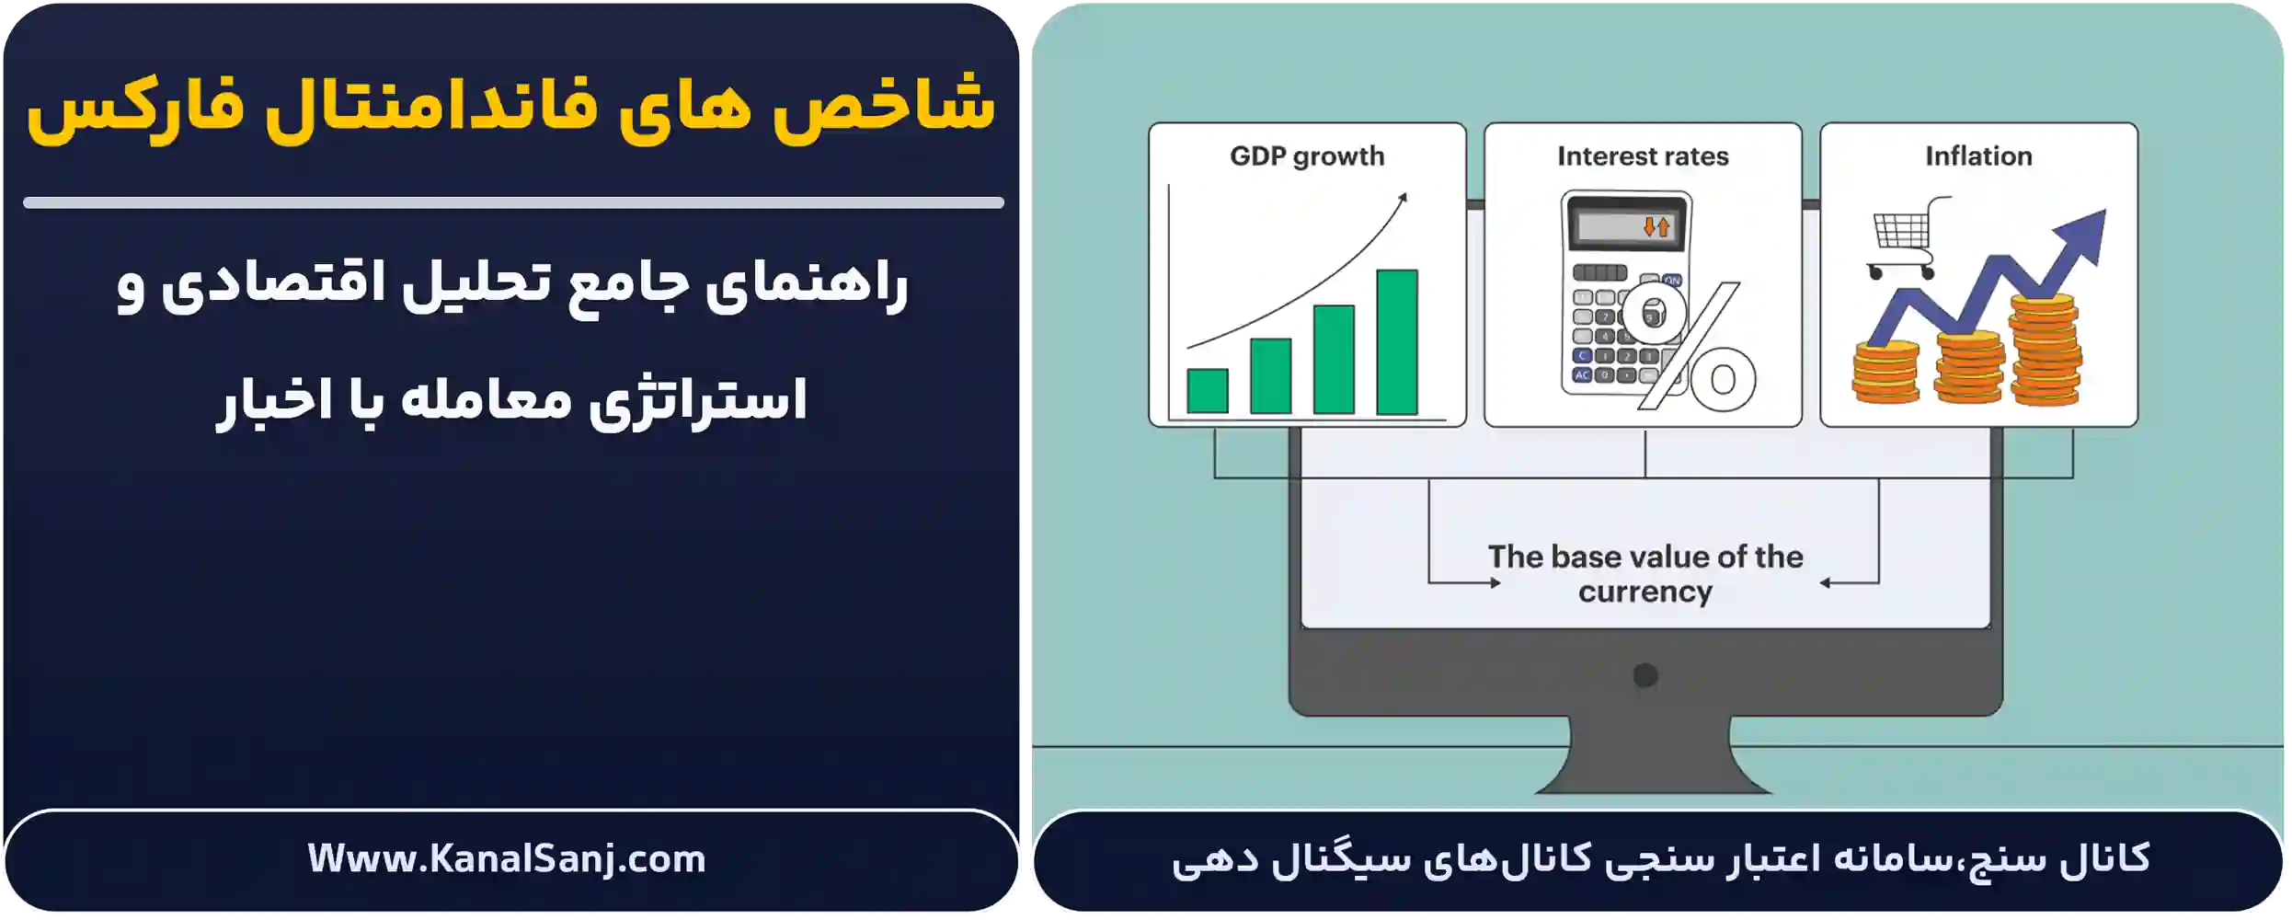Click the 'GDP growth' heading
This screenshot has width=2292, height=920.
pos(1307,156)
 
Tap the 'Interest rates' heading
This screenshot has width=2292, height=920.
pos(1643,156)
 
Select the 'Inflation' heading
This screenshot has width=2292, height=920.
pos(1978,156)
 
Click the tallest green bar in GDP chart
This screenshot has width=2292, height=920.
pos(1396,342)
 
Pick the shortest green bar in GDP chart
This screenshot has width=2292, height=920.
pos(1207,391)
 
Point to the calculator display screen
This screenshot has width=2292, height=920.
pos(1625,225)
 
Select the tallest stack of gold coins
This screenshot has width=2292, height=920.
pos(2044,350)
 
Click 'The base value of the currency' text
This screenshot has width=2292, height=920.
pos(1645,574)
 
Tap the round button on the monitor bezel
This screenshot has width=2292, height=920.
pos(1645,676)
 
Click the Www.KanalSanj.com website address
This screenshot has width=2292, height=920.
pos(507,859)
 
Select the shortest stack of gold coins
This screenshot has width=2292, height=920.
pos(1885,372)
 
